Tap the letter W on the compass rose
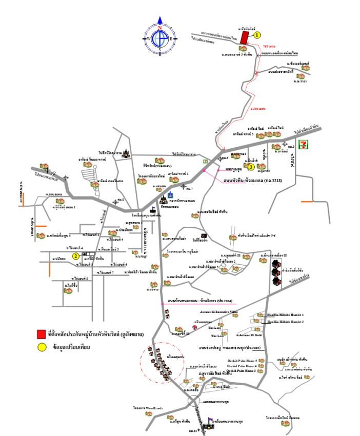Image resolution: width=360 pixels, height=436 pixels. point(149,38)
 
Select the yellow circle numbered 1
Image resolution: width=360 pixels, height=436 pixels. point(257,35)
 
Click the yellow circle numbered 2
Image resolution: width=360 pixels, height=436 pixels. point(75,255)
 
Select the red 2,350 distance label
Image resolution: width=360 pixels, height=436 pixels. point(258,109)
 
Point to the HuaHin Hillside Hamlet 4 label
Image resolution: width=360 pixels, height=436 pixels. point(286,314)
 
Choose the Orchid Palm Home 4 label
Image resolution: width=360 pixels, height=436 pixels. point(242,366)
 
